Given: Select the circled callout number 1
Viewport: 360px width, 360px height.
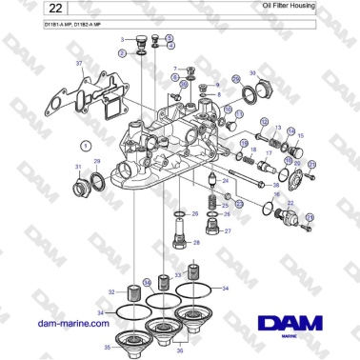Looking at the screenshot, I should pyautogui.click(x=85, y=145).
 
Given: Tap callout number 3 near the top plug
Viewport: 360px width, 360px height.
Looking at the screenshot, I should pyautogui.click(x=122, y=40).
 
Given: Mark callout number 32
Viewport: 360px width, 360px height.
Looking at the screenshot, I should pyautogui.click(x=112, y=291).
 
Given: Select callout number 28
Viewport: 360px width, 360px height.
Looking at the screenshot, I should pyautogui.click(x=196, y=243).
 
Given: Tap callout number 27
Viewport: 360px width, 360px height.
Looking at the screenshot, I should pyautogui.click(x=226, y=231).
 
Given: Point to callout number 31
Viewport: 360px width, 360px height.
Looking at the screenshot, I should pyautogui.click(x=79, y=167).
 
